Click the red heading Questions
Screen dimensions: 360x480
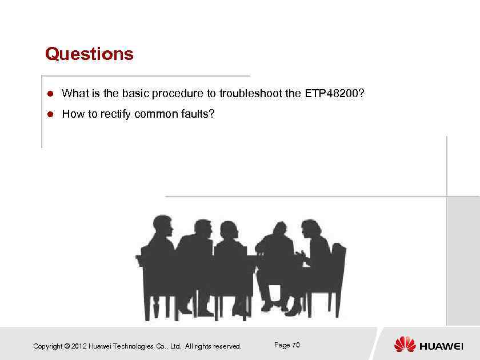(89, 54)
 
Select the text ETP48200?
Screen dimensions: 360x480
(335, 93)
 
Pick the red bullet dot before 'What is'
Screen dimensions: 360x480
(50, 93)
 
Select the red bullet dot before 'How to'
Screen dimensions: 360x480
(50, 114)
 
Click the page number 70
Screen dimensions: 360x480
(295, 345)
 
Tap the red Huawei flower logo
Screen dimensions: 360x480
(405, 345)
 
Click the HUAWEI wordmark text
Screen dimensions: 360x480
(441, 346)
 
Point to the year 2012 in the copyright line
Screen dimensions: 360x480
(79, 346)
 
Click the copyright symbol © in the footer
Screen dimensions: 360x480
(67, 346)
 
